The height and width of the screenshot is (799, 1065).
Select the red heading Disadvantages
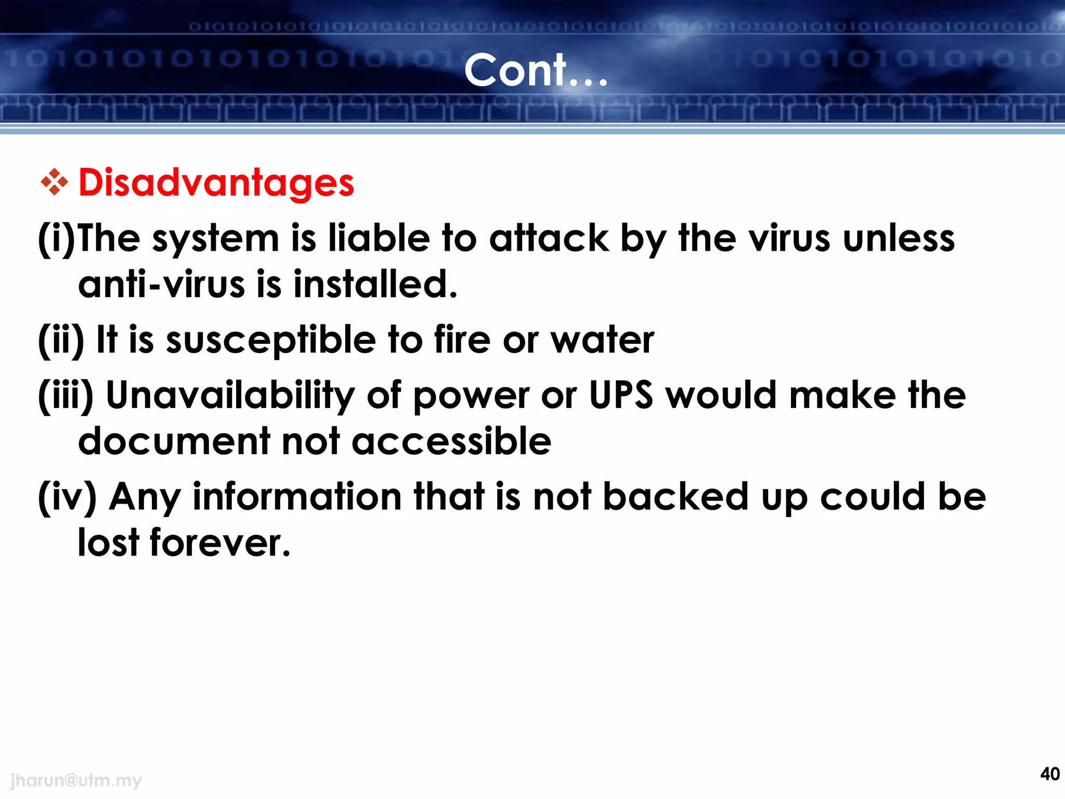216,183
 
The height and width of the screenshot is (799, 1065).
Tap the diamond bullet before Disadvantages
55,182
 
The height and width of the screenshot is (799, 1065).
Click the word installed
375,285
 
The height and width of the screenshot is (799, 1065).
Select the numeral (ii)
61,340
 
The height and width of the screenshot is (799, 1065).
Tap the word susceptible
271,341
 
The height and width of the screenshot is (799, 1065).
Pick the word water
602,340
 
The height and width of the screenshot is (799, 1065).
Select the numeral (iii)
66,395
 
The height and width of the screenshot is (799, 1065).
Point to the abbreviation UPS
620,395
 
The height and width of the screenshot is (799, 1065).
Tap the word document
174,442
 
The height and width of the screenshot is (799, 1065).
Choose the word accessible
451,442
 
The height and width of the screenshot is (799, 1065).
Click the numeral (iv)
67,497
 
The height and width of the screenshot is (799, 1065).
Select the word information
297,497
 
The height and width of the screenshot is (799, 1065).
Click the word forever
219,543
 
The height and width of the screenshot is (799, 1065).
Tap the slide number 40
1049,774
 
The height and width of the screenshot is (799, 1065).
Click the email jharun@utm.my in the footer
76,780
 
